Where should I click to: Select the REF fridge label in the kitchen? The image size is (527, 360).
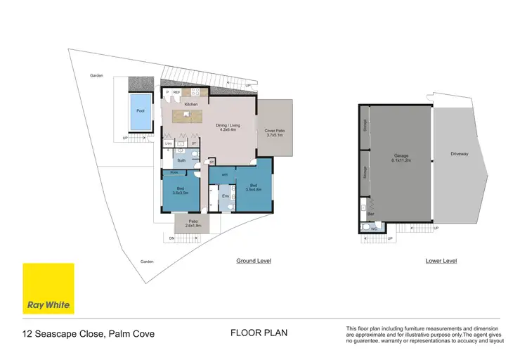177,92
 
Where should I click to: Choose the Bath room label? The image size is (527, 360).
181,160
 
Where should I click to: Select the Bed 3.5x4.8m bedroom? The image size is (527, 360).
253,187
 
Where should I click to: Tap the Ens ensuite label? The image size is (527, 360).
226,197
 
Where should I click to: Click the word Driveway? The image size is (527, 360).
460,153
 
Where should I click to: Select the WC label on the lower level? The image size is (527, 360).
375,228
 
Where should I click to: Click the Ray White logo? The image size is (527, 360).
48,288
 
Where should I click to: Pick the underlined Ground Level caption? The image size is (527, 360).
253,261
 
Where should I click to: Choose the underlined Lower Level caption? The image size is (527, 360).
441,261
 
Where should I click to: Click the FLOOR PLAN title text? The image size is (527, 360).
259,333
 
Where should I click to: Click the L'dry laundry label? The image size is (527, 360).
169,143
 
